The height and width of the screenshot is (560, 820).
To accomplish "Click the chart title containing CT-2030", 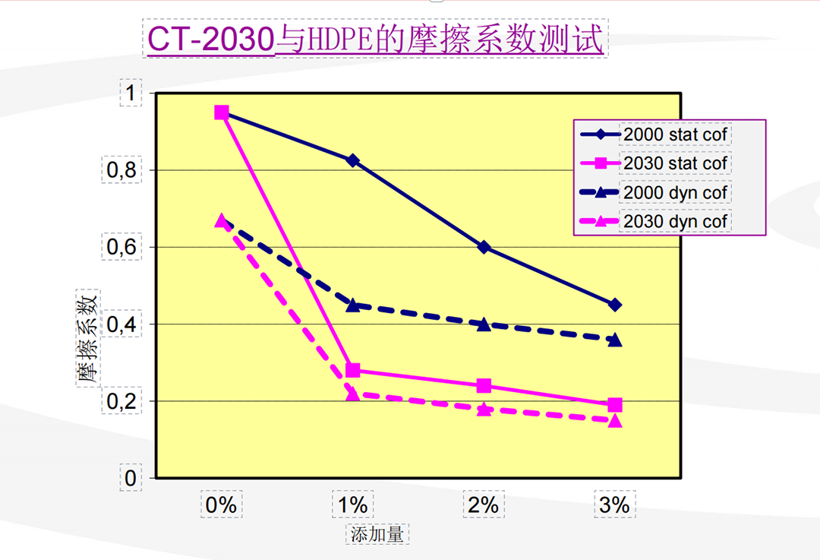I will coord(375,40).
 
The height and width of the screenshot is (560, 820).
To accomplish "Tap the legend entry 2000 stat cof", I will coord(675,134).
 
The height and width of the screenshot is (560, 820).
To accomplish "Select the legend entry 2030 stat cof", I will coord(675,163).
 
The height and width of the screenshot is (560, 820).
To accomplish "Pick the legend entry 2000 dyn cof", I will coord(675,193).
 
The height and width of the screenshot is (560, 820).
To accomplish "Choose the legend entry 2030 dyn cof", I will coord(675,222).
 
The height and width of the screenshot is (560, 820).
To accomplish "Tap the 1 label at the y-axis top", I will coord(130,93).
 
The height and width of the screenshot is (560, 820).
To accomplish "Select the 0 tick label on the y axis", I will coord(130,478).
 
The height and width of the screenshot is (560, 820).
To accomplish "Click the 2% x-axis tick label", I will coord(484,505).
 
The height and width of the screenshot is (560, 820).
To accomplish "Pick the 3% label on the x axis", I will coord(614,505).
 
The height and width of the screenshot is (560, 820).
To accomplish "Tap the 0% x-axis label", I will coord(222,505).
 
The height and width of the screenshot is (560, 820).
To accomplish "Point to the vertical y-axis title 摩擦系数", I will coord(87,337).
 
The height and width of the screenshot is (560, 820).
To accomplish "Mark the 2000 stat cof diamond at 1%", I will coord(353,160).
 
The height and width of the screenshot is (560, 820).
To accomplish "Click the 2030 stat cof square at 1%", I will coord(353,371).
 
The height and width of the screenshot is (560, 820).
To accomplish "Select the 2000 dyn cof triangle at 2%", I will coord(484,324).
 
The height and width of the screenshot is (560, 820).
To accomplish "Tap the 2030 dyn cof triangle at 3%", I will coord(614,420).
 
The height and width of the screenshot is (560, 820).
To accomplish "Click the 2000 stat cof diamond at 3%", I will coord(614,305).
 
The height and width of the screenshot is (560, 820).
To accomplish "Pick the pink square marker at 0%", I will coord(222,112).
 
